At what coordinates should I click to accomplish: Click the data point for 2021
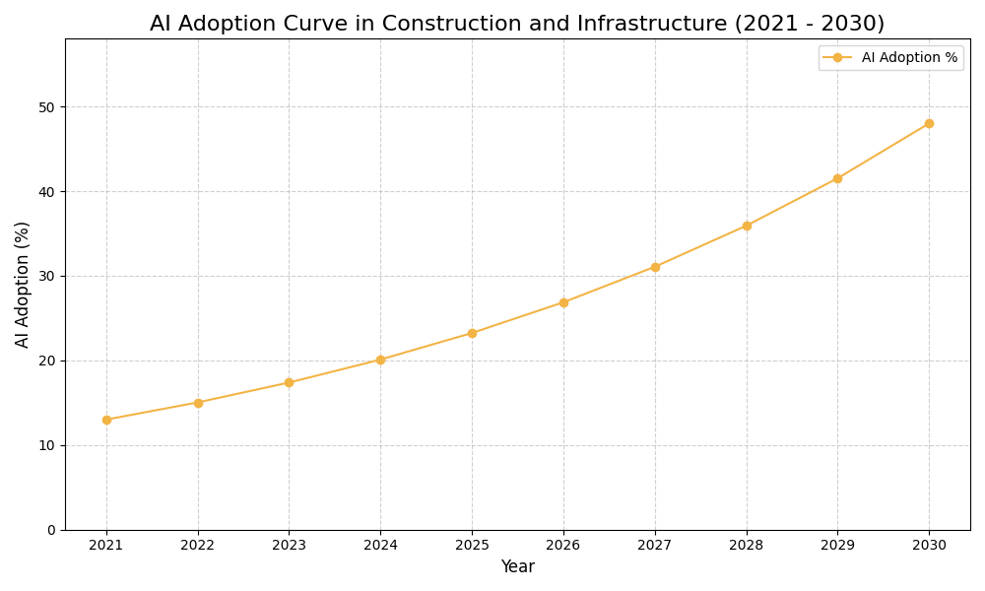coord(106,420)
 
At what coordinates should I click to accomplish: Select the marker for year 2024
coord(380,360)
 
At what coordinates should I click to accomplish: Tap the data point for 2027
coord(655,267)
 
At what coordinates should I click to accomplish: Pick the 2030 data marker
coord(929,123)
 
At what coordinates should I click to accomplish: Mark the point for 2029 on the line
coord(837,178)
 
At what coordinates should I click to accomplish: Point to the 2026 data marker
coord(563,302)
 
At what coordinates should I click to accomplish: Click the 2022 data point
coord(198,403)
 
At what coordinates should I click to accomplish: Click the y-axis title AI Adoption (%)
coord(23,284)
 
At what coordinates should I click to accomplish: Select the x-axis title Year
coord(517,567)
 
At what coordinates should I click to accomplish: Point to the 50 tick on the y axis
coord(47,106)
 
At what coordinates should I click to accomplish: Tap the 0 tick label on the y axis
coord(51,530)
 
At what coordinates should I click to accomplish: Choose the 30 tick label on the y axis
coord(47,276)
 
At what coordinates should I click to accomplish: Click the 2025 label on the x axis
coord(472,545)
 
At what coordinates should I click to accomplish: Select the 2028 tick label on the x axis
coord(747,545)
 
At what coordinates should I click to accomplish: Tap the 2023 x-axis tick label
coord(289,545)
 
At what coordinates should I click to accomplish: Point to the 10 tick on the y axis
coord(47,445)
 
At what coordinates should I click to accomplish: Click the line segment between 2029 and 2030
coord(884,151)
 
